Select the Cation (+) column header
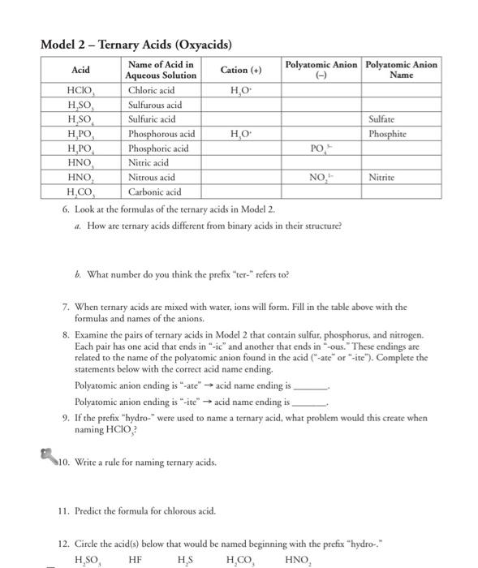click(241, 70)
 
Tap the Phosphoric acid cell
click(159, 148)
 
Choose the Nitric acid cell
click(149, 162)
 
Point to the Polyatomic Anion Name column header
click(403, 70)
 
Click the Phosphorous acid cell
click(162, 134)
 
